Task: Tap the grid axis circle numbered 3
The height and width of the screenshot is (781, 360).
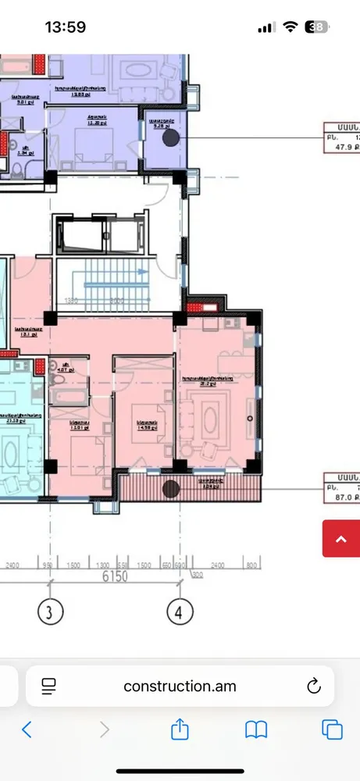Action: coord(50,613)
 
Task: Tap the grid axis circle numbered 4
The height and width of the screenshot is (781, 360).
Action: coord(180,613)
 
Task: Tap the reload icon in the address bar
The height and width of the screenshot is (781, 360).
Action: coord(313,686)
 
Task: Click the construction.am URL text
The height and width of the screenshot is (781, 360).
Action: coord(180,686)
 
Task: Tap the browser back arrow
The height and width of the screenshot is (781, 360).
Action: coord(27,729)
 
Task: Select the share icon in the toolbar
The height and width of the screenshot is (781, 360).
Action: coord(180,729)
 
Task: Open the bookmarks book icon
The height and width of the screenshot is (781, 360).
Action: coord(256,729)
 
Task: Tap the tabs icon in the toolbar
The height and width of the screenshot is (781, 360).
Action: coord(332,729)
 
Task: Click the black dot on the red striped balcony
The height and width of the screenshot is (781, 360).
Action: coord(171,489)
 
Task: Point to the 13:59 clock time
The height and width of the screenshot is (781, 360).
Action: coord(66,27)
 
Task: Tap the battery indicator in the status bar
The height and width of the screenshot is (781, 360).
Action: coord(317,27)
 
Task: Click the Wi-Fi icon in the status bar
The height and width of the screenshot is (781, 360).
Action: coord(290,27)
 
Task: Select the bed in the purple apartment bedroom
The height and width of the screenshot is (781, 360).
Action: coord(92,144)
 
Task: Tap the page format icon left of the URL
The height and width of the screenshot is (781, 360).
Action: coord(48,686)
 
